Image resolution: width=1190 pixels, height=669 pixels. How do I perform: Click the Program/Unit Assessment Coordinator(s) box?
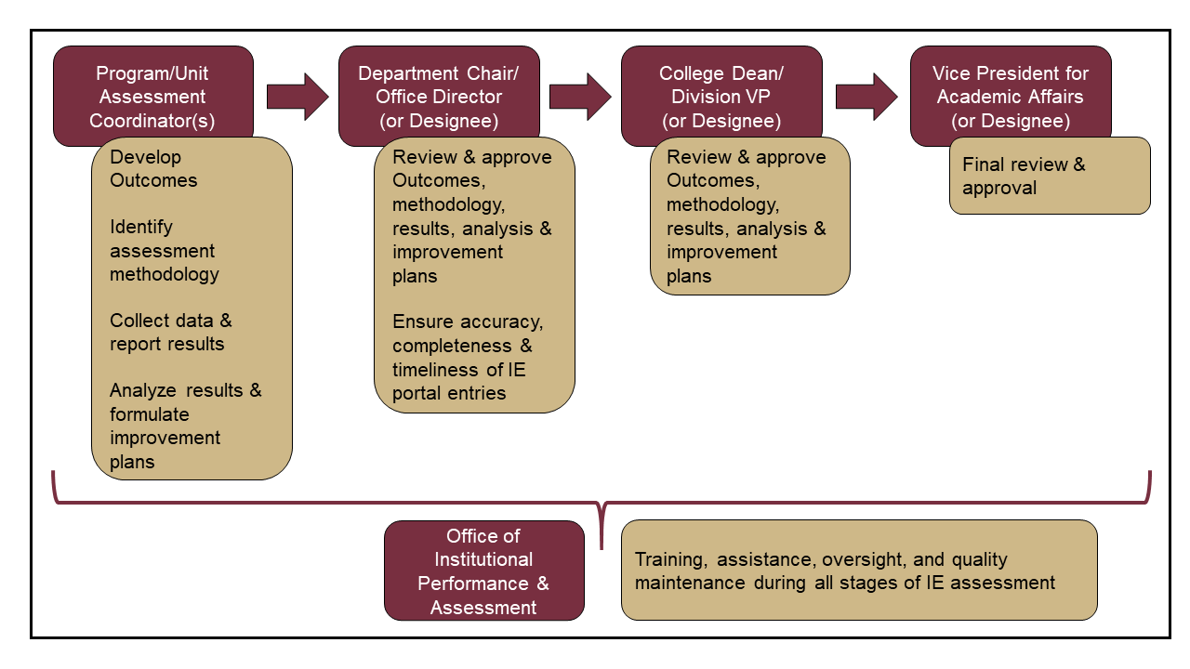[x=152, y=96]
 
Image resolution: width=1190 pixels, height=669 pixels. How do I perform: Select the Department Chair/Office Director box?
[x=439, y=96]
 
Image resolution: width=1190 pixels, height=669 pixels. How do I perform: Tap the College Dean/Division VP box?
[x=721, y=96]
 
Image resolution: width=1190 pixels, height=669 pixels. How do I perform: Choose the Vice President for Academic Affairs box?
[x=1011, y=96]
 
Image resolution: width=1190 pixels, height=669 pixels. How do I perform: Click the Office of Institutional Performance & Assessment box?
[x=483, y=571]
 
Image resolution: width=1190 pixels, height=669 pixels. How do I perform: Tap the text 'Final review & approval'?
[x=1024, y=177]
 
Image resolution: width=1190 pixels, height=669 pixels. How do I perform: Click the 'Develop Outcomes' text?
[x=153, y=168]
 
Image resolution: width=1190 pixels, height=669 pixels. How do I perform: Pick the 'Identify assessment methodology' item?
[x=164, y=250]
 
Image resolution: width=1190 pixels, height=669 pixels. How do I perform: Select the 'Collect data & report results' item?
[x=170, y=332]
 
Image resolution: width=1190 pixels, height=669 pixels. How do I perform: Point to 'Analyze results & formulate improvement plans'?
[x=185, y=426]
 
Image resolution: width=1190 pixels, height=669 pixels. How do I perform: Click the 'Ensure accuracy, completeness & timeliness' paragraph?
[x=468, y=357]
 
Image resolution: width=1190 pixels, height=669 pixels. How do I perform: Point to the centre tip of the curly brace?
[x=602, y=544]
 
